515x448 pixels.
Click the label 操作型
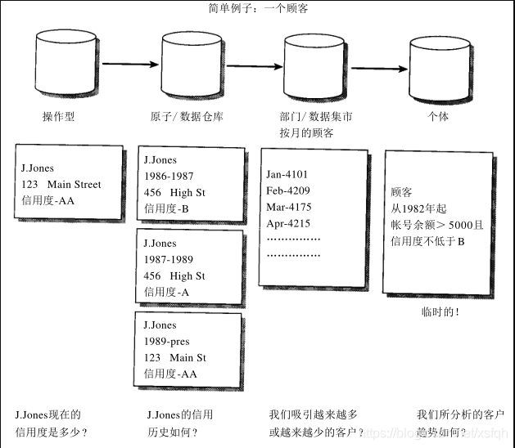tap(58, 116)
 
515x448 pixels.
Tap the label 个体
tap(439, 116)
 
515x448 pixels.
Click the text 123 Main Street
tap(61, 185)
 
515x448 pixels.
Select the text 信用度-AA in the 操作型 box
tap(48, 200)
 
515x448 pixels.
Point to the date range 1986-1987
tap(169, 177)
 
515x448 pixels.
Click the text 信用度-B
tap(166, 208)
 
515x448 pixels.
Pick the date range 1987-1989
tap(169, 260)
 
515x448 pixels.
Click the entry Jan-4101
tap(288, 174)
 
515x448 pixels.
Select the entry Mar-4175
tap(289, 207)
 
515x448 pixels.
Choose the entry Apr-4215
tap(288, 223)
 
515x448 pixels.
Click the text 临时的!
tap(440, 311)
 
